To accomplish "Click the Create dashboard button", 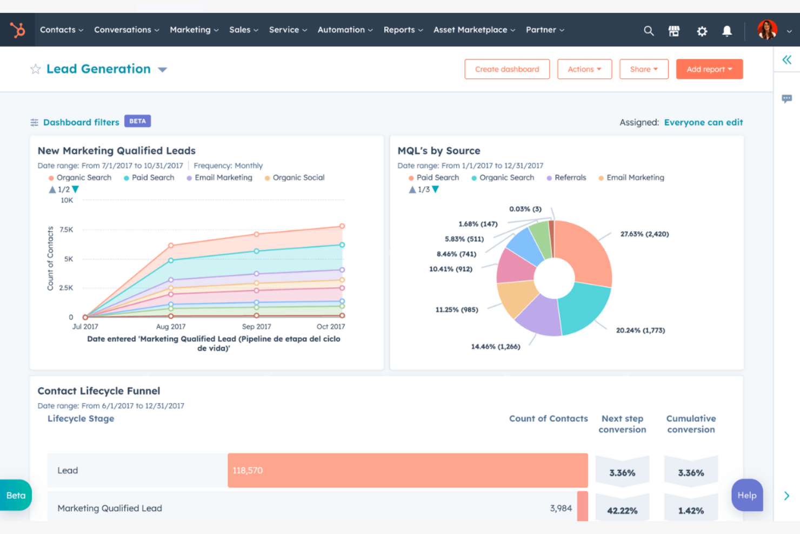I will (506, 69).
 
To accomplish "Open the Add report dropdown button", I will (709, 69).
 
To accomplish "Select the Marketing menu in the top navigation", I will (194, 30).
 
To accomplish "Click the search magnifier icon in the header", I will (649, 31).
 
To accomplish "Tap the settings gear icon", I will (702, 31).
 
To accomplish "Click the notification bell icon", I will (727, 31).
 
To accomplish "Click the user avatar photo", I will (766, 30).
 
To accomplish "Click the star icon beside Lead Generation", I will (36, 69).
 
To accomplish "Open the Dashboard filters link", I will (81, 122).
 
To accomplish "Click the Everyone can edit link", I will (703, 122).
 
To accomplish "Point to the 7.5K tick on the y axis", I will (66, 230).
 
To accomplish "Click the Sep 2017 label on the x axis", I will (256, 327).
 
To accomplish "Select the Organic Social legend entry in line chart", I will (298, 177).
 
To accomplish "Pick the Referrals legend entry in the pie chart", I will (570, 177).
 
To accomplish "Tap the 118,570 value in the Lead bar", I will (248, 471).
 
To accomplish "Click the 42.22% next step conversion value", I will (622, 511).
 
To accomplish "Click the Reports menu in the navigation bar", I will (403, 30).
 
